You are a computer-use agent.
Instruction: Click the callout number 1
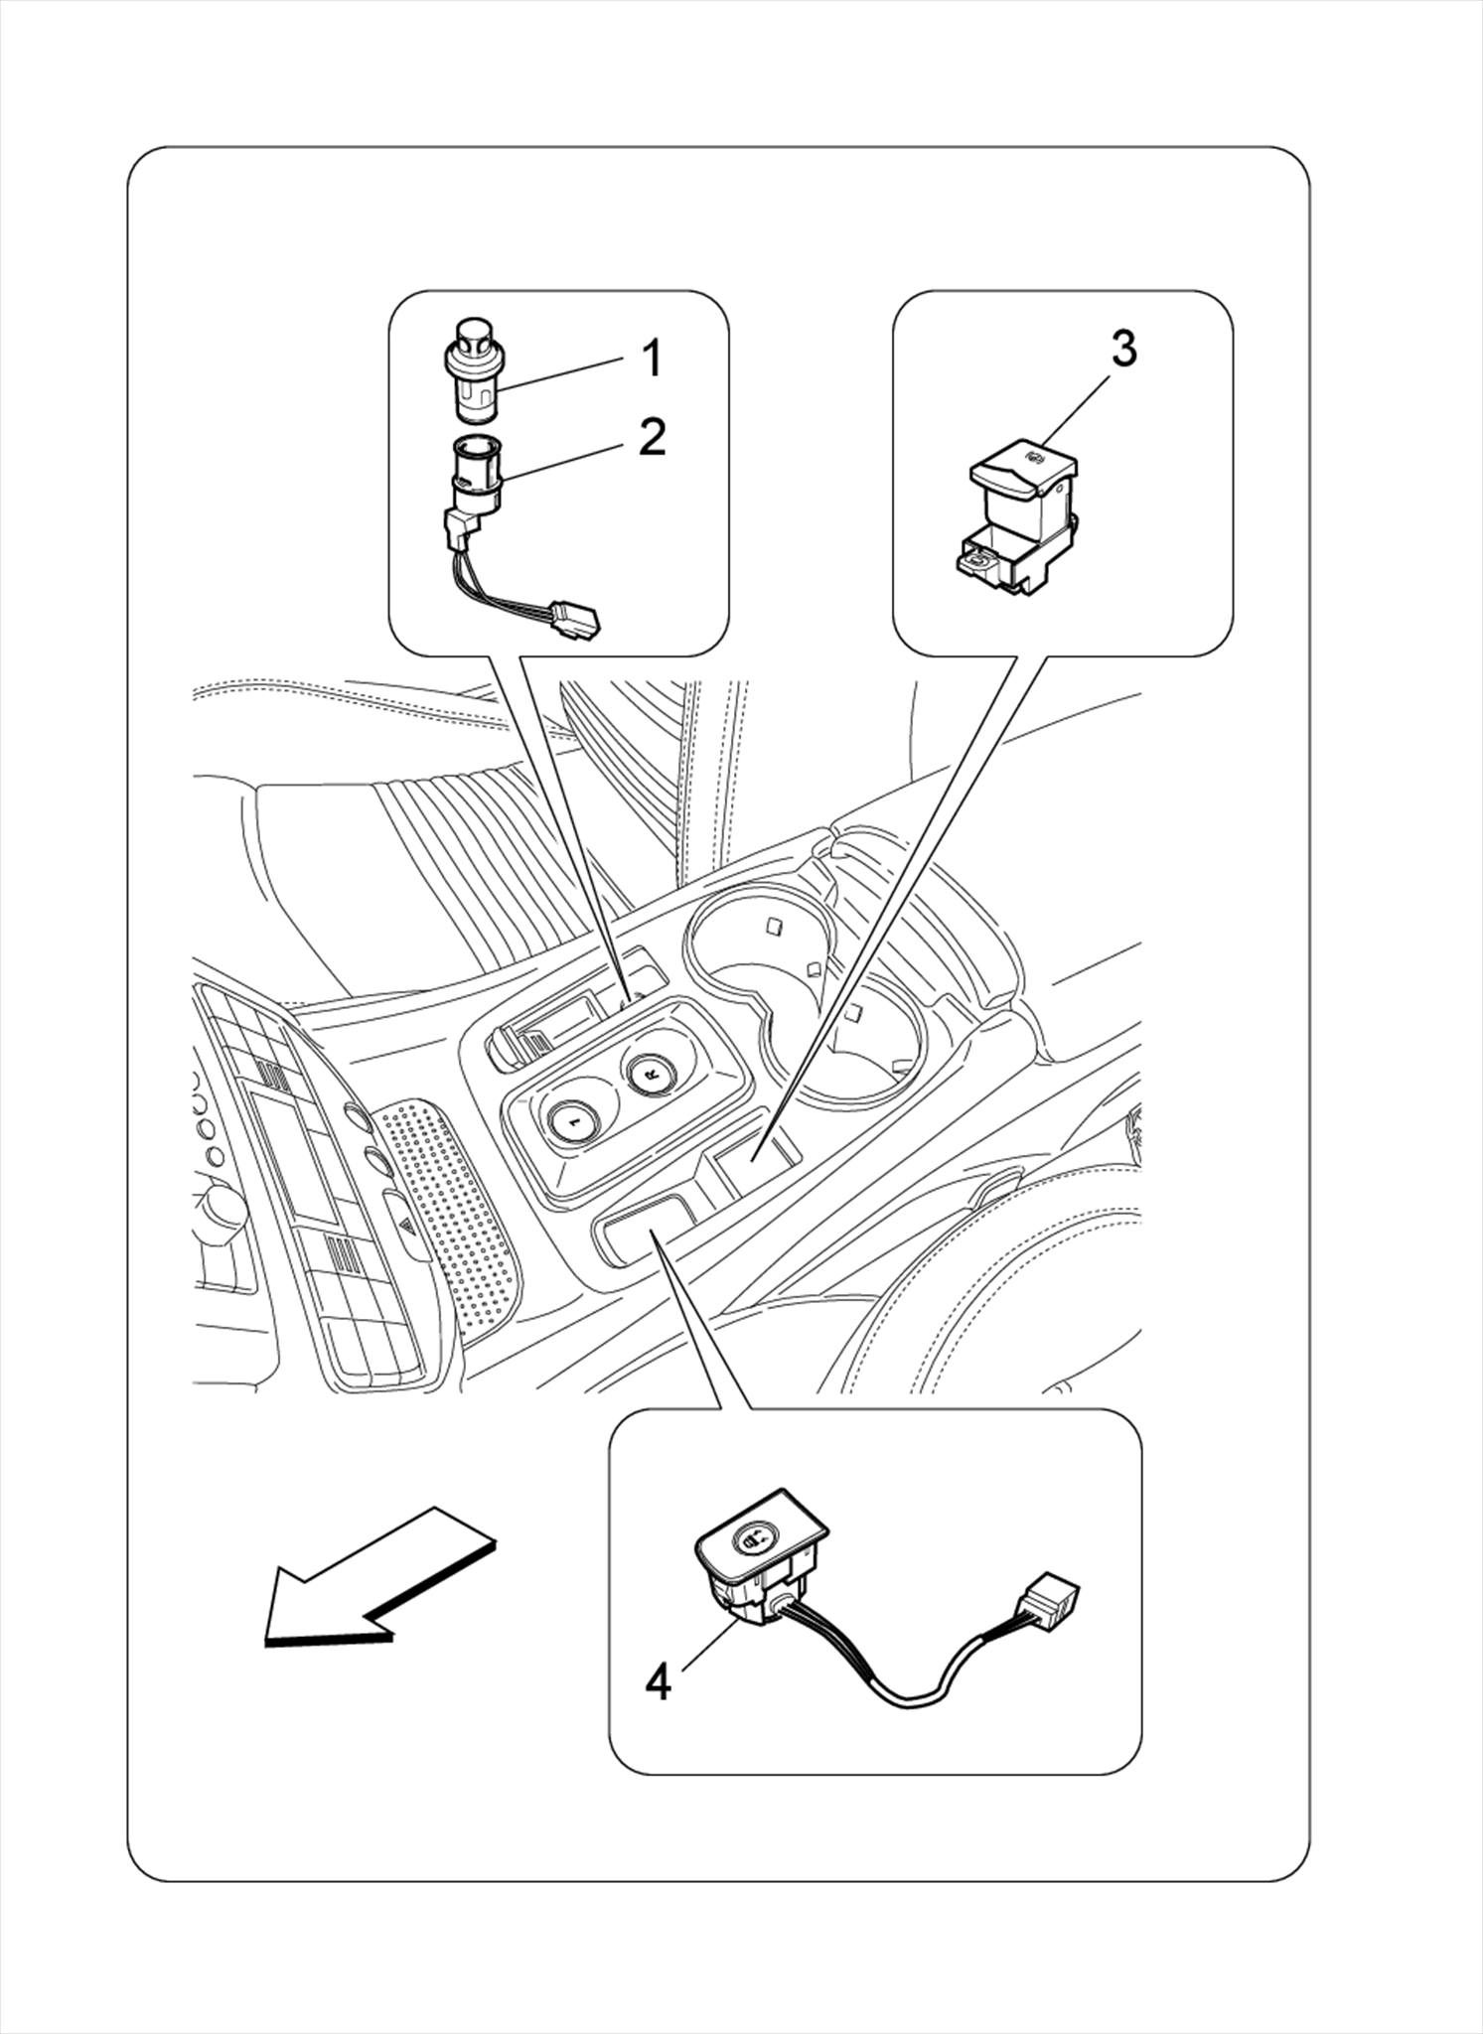651,359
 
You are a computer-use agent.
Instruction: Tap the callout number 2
652,436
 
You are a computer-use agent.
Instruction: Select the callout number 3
1122,349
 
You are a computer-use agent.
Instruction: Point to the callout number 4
658,1682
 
